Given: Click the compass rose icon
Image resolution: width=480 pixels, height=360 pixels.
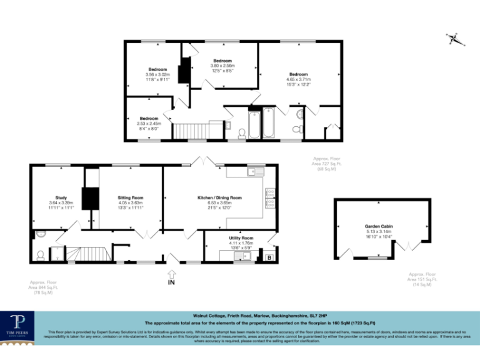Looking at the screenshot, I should (455, 39).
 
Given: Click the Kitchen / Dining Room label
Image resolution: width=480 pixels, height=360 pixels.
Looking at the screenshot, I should (219, 197).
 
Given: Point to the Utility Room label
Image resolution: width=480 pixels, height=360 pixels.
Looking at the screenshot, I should (241, 238).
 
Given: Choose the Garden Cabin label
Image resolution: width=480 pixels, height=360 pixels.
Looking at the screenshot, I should (379, 226).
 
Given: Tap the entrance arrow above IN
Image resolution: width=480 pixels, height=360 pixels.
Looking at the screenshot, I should (171, 273).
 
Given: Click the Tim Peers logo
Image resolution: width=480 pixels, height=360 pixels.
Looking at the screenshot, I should (21, 326).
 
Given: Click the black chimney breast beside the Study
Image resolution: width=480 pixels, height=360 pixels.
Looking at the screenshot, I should (91, 197).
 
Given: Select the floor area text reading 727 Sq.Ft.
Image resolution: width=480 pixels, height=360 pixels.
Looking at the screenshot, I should (327, 164).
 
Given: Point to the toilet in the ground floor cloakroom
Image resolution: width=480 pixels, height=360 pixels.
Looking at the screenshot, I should (41, 255).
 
